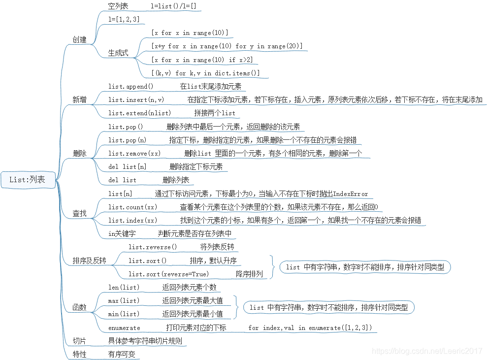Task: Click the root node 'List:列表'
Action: (27, 180)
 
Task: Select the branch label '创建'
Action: (79, 40)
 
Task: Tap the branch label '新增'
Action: (79, 99)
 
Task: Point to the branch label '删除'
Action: (79, 153)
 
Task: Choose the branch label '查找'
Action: (79, 213)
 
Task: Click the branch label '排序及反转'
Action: (89, 261)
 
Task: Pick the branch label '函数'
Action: (79, 307)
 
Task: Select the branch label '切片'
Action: (79, 341)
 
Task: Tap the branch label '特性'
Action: (79, 354)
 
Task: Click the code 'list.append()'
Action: (131, 86)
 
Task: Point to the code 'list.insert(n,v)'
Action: (136, 99)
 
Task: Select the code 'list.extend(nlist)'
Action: (140, 113)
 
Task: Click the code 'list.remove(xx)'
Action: (134, 153)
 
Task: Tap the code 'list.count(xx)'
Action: (133, 207)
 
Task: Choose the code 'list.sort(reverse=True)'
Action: (168, 274)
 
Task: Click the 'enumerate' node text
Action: (124, 327)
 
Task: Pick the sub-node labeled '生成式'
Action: (118, 53)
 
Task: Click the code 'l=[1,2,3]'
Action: (124, 19)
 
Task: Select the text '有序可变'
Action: (122, 354)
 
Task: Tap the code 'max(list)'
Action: (124, 300)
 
